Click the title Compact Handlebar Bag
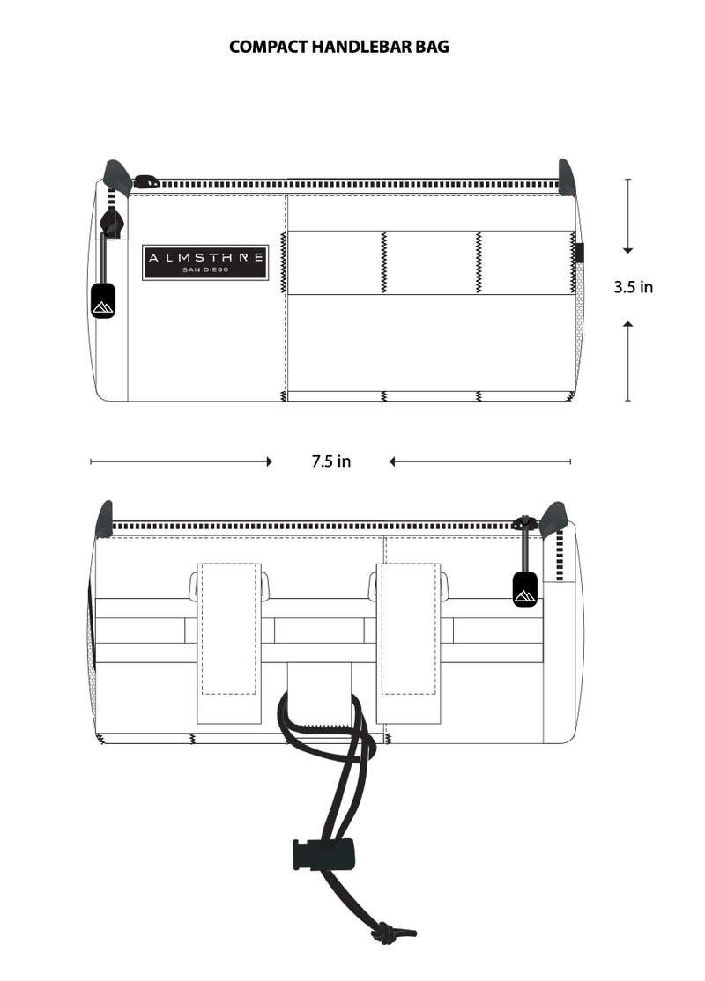click(x=338, y=47)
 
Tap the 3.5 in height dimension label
click(x=633, y=287)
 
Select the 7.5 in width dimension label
click(x=331, y=461)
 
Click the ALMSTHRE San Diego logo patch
click(x=205, y=262)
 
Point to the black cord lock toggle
click(x=323, y=854)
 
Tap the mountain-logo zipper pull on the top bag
click(x=103, y=300)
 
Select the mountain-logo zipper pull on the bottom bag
click(x=525, y=589)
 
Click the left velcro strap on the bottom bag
click(x=229, y=643)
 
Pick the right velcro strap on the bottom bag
click(x=408, y=643)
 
